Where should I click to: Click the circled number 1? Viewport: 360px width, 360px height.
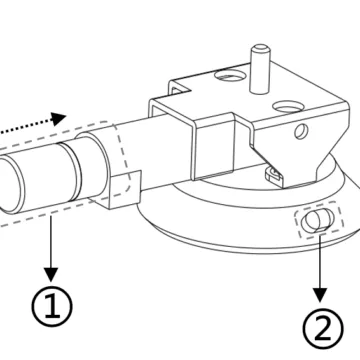52,306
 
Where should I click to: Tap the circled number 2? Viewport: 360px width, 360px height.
323,328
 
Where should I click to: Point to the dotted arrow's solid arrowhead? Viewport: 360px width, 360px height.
59,119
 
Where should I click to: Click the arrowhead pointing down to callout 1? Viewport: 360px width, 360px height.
51,274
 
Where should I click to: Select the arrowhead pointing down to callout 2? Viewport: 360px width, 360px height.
320,295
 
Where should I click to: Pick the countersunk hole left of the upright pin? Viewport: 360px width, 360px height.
228,75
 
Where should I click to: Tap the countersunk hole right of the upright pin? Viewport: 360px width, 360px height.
288,107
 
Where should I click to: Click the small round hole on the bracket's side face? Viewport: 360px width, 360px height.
301,131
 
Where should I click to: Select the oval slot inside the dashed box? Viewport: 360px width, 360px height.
317,220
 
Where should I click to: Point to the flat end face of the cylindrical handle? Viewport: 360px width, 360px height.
11,185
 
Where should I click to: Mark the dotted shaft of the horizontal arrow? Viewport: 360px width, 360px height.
25,126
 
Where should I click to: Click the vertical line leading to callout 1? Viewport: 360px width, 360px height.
51,241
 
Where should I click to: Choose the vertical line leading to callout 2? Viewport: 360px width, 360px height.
320,262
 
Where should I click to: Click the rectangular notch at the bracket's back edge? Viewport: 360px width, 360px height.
180,87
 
